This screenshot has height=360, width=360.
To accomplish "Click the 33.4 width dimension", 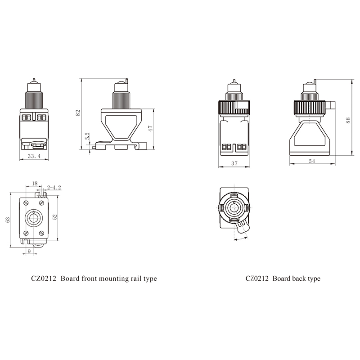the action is [34, 156].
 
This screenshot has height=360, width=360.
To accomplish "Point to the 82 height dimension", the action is [78, 113].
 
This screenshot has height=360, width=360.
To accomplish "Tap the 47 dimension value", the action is [150, 128].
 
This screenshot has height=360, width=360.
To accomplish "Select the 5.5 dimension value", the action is [87, 136].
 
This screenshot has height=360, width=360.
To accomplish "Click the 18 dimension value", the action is [35, 184].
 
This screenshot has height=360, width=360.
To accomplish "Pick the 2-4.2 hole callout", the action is [54, 188].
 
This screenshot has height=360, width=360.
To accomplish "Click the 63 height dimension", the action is [8, 220].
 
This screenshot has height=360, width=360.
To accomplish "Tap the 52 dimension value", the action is [54, 217].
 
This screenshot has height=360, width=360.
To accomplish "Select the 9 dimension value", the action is [29, 251].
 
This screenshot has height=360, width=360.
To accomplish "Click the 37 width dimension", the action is [234, 163].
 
